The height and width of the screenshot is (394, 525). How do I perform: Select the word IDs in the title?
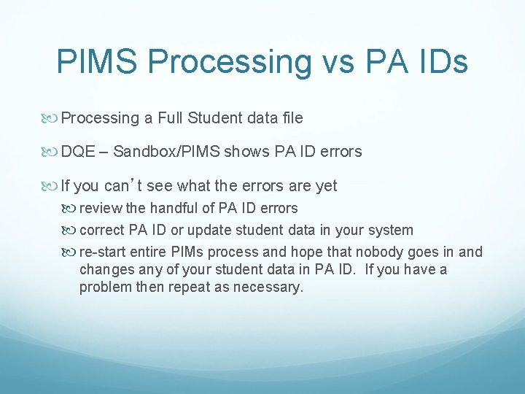tap(439, 62)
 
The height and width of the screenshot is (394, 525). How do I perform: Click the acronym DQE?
tap(78, 152)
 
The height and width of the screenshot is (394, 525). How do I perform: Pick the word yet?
tap(325, 185)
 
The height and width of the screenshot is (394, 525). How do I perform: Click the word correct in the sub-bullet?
tap(102, 231)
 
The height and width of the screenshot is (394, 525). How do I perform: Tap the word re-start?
tap(104, 252)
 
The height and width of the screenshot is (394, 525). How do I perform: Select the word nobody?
tap(378, 252)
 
